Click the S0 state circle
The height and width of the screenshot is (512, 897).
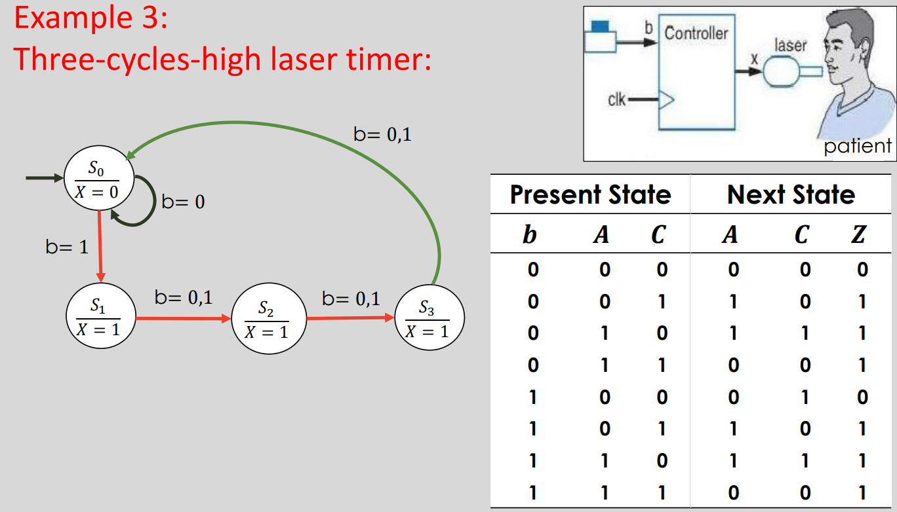click(x=99, y=177)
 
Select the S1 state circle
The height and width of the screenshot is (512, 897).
click(x=102, y=318)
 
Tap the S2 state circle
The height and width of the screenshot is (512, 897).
click(x=266, y=319)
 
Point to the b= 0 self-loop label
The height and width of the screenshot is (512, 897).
click(x=183, y=202)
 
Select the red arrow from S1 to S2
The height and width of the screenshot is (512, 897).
click(x=184, y=319)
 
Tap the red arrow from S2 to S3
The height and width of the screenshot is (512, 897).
click(x=351, y=319)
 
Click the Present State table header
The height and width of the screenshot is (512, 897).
click(x=590, y=195)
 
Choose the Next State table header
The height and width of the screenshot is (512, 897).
click(x=791, y=195)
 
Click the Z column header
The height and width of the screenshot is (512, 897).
click(x=858, y=234)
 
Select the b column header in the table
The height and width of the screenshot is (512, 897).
click(x=530, y=234)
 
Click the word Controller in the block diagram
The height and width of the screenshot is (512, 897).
click(x=696, y=33)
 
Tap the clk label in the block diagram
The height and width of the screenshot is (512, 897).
click(x=616, y=100)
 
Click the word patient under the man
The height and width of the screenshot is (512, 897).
click(x=857, y=145)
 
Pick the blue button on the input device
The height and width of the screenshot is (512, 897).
click(x=600, y=26)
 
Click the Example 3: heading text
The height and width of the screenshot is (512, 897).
click(x=91, y=18)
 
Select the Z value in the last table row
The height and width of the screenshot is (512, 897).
click(x=862, y=493)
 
